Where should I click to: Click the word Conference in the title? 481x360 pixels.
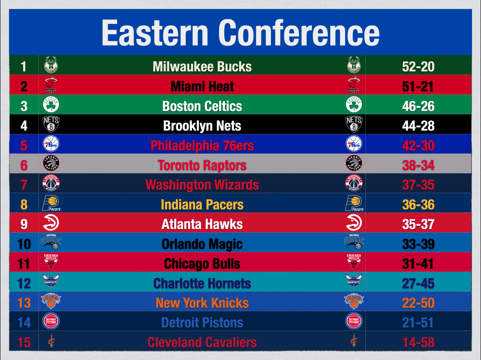pos(299,32)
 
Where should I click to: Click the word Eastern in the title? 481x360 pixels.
pos(155,32)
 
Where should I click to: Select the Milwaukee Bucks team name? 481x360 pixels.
pos(202,67)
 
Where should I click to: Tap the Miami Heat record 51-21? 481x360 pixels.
pos(418,86)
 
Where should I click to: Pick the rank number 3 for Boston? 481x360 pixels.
pos(24,106)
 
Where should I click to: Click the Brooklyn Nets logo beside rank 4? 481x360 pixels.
pos(51,124)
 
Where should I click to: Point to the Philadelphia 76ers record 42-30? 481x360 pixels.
pos(418,145)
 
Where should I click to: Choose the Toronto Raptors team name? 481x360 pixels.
pos(202,165)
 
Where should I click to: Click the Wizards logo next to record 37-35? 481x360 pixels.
pos(354,183)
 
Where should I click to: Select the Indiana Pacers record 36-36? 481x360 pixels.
pos(418,204)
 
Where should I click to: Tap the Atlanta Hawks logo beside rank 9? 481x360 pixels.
pos(51,222)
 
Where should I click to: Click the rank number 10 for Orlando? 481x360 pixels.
pos(24,244)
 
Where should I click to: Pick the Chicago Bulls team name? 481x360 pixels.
pos(202,264)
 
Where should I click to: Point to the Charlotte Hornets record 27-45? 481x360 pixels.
pos(418,283)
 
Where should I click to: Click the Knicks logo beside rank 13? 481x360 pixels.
pos(51,301)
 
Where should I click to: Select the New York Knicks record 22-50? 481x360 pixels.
pos(418,303)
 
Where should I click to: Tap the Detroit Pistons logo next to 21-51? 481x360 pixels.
pos(354,321)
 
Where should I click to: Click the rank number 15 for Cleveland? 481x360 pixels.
pos(24,343)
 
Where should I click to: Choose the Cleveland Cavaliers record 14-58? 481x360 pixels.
pos(418,343)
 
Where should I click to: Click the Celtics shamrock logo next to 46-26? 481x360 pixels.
pos(354,104)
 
